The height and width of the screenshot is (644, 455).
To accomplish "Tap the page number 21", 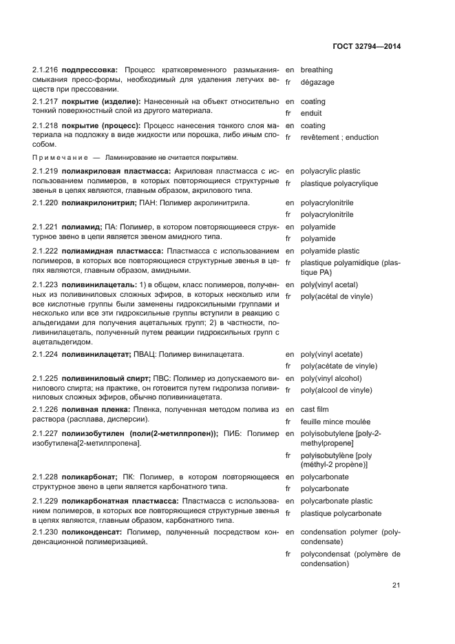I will point(396,585).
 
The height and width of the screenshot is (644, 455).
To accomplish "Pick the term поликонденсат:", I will point(93,532).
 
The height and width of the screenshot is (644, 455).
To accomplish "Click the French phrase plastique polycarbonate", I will point(341,513).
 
